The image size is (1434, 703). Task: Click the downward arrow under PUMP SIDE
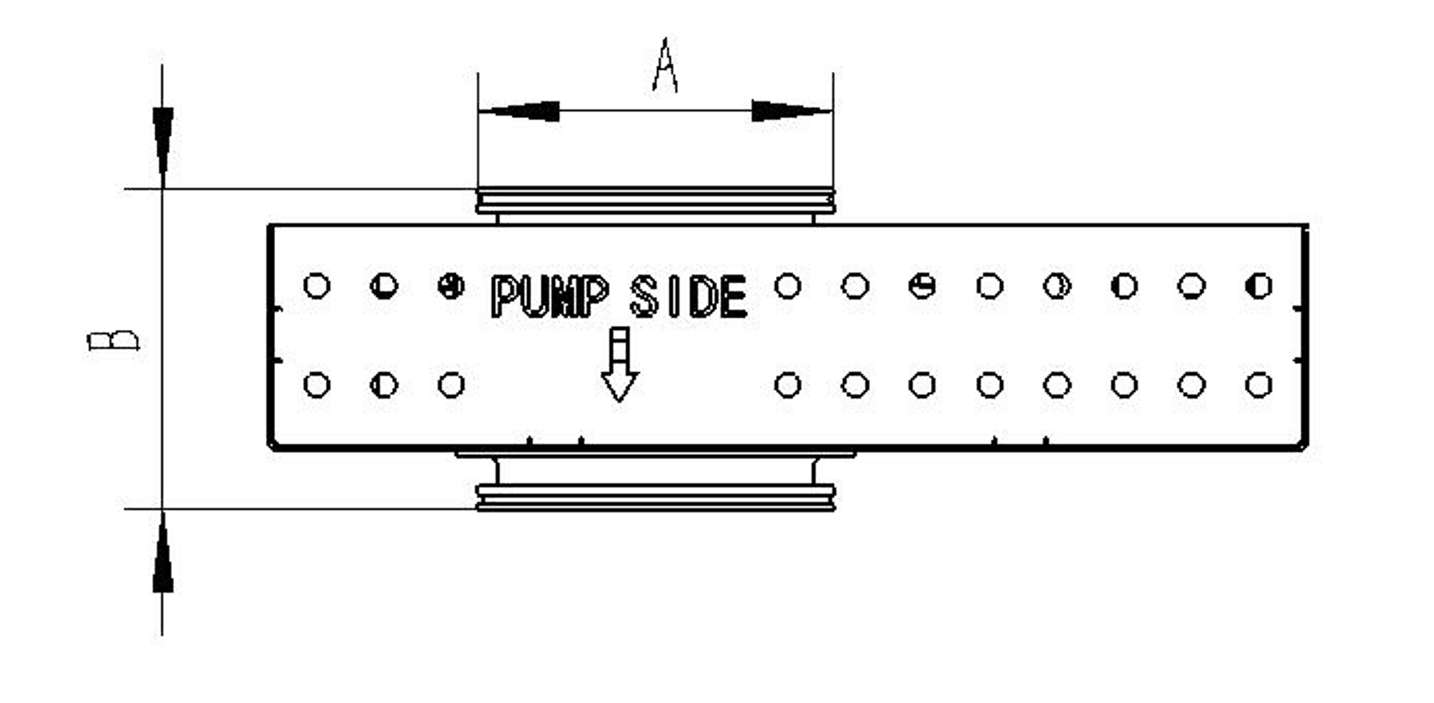[x=620, y=369]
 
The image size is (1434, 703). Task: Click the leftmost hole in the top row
[x=314, y=286]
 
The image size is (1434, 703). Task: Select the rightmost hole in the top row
[x=1257, y=286]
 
